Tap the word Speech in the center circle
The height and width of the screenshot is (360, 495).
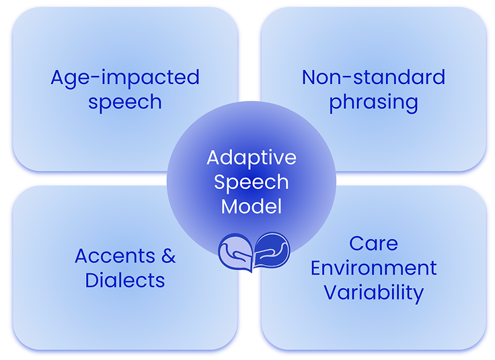coord(251,182)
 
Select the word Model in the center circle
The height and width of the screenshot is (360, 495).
coord(251,206)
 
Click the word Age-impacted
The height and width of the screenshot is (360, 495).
coord(125,77)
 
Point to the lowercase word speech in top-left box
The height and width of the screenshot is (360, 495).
coord(125,102)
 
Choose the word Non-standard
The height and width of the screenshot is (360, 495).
coord(373,77)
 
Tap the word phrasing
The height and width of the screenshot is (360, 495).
coord(373,103)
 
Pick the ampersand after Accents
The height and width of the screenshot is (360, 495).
coord(167,256)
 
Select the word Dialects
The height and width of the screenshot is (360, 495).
coord(125,280)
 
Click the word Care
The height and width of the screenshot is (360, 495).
coord(373,243)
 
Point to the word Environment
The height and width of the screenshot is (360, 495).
coord(373,268)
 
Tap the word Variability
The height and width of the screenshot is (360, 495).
coord(373,293)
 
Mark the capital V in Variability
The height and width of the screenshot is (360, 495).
coord(330,293)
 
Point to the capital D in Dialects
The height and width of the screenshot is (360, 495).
coord(92,280)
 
